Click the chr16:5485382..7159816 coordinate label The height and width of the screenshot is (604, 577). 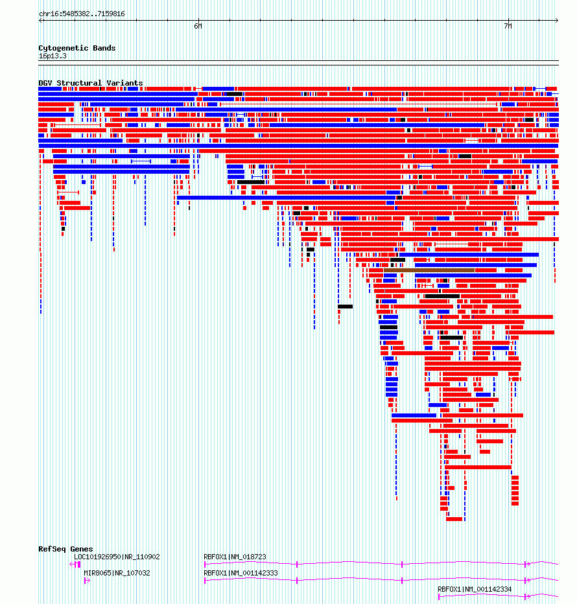(82, 14)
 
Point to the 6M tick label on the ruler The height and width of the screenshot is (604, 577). (198, 26)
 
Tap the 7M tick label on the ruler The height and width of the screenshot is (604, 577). (508, 26)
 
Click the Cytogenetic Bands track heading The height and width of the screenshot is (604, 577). (77, 48)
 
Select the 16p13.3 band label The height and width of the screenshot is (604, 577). (53, 56)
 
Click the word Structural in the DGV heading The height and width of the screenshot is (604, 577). (79, 83)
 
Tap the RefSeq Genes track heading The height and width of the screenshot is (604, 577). (65, 549)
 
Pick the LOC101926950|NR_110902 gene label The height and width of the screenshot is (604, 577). (117, 557)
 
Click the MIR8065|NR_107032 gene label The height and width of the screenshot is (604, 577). (117, 573)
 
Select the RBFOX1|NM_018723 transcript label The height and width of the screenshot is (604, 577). (235, 557)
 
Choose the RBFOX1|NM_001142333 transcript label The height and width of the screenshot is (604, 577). (241, 573)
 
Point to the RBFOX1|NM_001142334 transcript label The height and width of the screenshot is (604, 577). (475, 589)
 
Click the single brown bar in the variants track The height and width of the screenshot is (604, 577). (429, 270)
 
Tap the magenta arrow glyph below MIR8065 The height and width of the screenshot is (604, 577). (87, 581)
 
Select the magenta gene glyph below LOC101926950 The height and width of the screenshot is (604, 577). (75, 564)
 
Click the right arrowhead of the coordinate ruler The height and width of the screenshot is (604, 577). (557, 21)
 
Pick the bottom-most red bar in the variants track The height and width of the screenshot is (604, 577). (454, 519)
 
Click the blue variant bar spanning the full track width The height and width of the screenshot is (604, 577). (298, 146)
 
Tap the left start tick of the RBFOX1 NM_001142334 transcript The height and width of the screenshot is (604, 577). (439, 597)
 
